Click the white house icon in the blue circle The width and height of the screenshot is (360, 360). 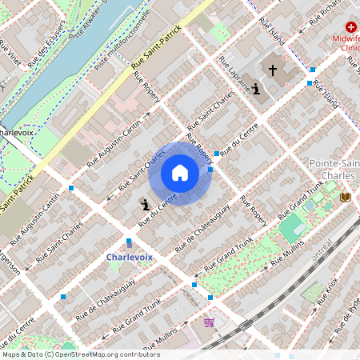180,172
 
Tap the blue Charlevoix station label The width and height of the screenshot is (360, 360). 129,257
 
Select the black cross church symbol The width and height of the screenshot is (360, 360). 272,70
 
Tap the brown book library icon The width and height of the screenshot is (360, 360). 346,197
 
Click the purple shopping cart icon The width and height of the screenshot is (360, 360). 210,322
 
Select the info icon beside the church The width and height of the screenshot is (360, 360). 255,89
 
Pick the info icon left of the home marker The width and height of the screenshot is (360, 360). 145,206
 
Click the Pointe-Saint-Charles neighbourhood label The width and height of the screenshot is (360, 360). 334,170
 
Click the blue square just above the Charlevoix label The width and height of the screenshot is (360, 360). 129,242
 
